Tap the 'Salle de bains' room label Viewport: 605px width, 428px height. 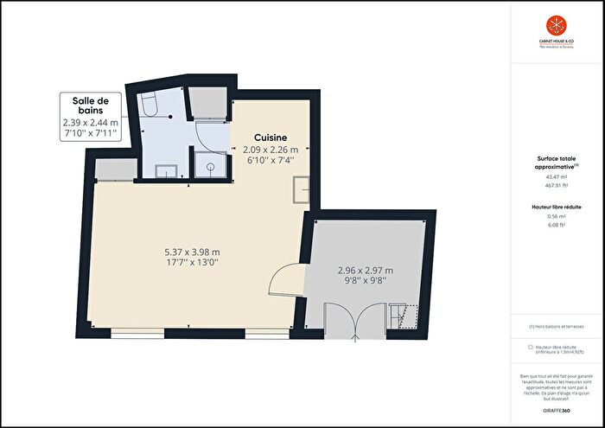click(x=90, y=107)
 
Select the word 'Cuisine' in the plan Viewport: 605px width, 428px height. click(x=271, y=138)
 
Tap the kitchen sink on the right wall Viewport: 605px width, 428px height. click(x=302, y=188)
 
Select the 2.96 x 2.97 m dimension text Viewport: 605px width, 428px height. click(x=365, y=270)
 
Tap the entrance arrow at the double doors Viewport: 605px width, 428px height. click(x=353, y=335)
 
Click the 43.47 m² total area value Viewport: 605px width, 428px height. click(x=556, y=177)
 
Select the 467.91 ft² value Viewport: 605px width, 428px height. click(x=556, y=185)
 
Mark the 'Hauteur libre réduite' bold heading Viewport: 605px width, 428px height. click(x=556, y=208)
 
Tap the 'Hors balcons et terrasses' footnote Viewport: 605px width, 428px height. click(x=557, y=327)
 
